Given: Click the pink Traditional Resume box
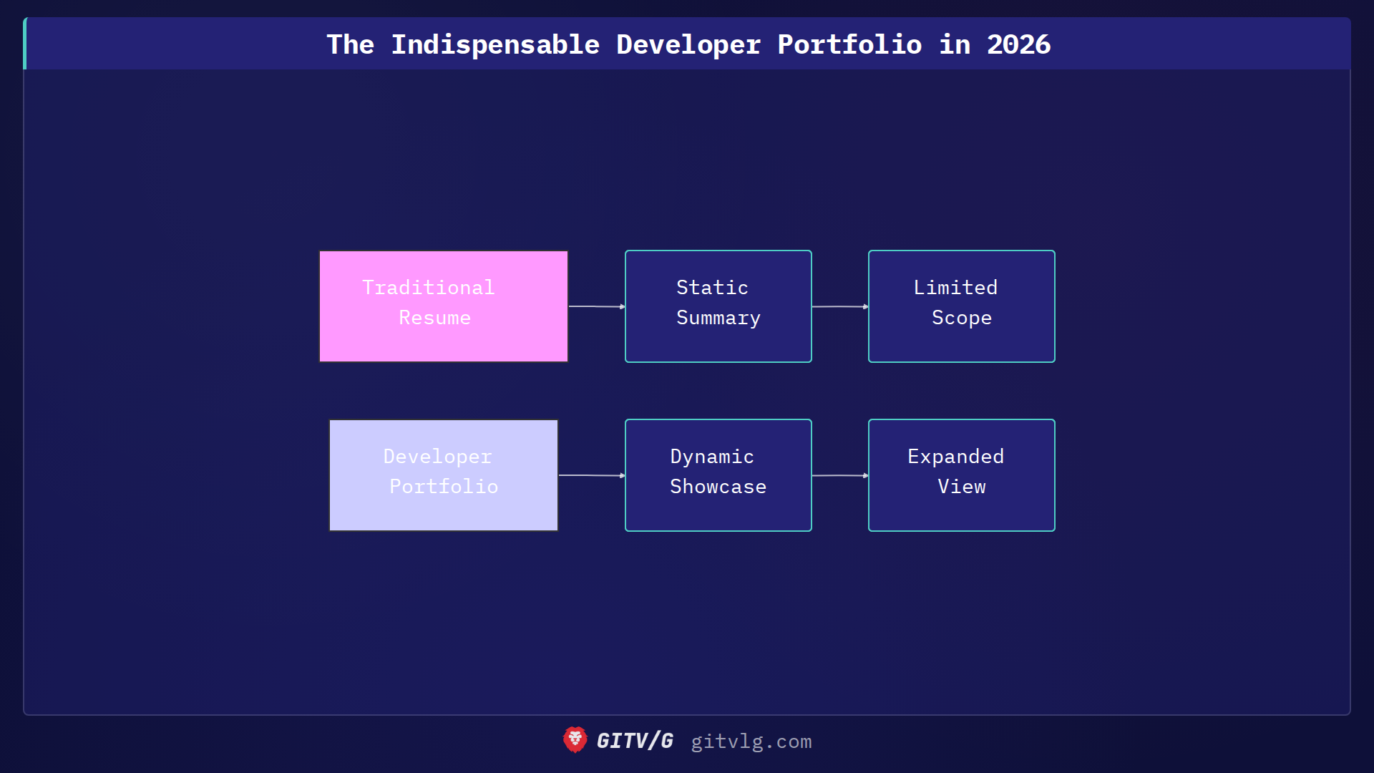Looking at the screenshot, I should coord(444,306).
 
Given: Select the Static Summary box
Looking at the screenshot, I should coord(718,306).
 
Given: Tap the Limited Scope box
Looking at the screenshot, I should coord(961,306).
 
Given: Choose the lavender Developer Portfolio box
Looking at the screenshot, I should coord(444,475).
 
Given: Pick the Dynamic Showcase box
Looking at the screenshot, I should coord(718,475).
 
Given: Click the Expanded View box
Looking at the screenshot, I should coord(961,475).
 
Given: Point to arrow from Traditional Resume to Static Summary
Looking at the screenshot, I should coord(596,306).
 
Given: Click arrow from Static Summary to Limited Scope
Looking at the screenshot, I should coord(839,306).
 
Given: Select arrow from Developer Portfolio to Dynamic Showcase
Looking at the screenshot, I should coord(591,475).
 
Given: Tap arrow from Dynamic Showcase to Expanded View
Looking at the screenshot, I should coord(839,475).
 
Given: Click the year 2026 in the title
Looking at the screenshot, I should coord(1018,44).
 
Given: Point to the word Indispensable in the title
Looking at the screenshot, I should coord(495,44).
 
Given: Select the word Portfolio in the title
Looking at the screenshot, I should coord(849,44).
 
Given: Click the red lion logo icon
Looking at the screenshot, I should coord(575,740).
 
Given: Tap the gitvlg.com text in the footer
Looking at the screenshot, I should coord(751,742).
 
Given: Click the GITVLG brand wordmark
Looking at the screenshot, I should coord(635,741).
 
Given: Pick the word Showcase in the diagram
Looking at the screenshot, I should coord(718,487).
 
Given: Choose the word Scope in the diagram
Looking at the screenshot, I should coord(961,318).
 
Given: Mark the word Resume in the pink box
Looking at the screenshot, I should coord(434,318).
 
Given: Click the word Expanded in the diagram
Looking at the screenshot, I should coord(955,457).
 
